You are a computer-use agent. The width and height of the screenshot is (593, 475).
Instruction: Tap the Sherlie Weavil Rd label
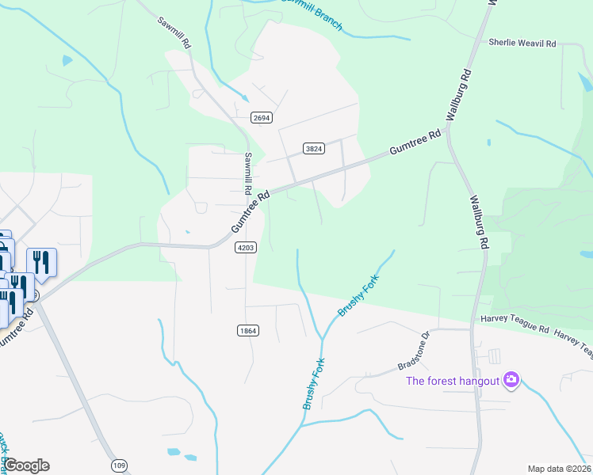point(522,43)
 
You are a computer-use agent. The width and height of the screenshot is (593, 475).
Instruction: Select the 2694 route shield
point(262,118)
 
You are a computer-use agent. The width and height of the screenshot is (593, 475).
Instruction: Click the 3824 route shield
point(314,148)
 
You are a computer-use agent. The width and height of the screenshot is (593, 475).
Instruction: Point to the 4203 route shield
point(246,248)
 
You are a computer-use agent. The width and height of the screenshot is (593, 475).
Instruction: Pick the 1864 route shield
point(248,330)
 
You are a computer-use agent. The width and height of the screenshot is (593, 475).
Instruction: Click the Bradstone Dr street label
point(413,350)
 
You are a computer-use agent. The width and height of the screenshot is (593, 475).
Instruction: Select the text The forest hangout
point(453,381)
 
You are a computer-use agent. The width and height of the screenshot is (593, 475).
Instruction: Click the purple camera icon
point(511,381)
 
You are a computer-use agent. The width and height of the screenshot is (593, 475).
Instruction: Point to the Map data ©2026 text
point(560,469)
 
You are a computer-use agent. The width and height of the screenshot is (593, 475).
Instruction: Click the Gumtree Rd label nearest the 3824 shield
point(414,144)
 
